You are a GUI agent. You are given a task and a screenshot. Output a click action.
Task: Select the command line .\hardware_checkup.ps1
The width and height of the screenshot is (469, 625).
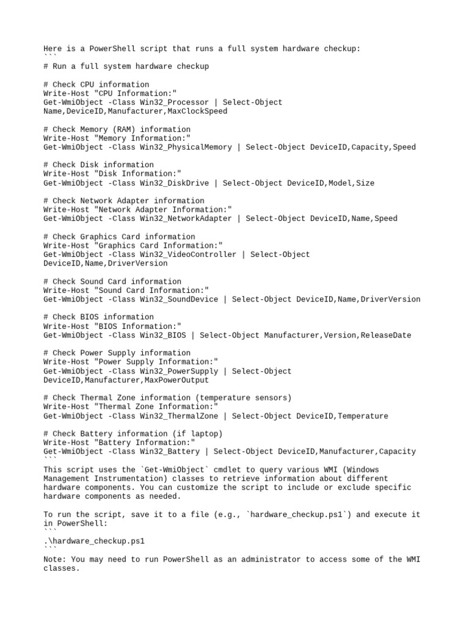(x=94, y=541)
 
